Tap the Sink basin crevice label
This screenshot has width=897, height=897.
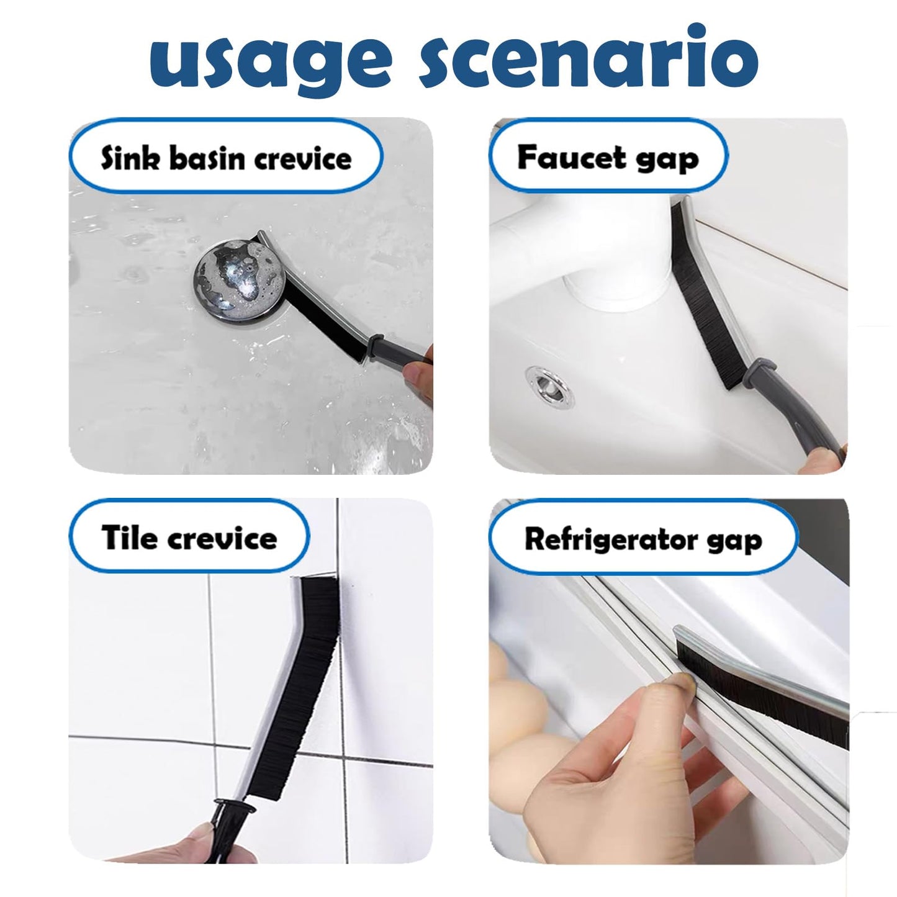point(226,158)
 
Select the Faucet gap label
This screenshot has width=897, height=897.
point(608,158)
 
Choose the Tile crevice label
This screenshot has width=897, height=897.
point(189,537)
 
